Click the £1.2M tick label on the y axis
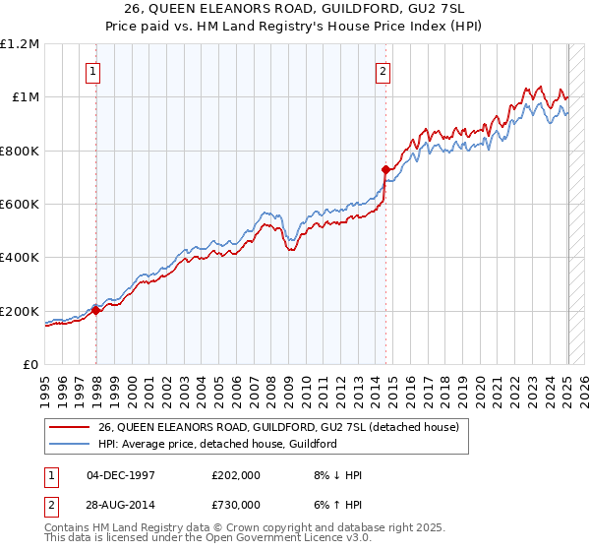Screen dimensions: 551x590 click(x=20, y=43)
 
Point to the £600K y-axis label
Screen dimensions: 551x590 click(x=20, y=204)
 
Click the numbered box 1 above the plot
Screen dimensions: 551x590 click(x=92, y=70)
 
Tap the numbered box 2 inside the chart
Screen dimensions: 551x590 click(x=382, y=70)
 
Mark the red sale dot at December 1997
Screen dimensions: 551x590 click(x=96, y=310)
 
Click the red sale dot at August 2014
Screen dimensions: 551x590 click(x=385, y=169)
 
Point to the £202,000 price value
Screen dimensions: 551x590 click(x=235, y=475)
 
